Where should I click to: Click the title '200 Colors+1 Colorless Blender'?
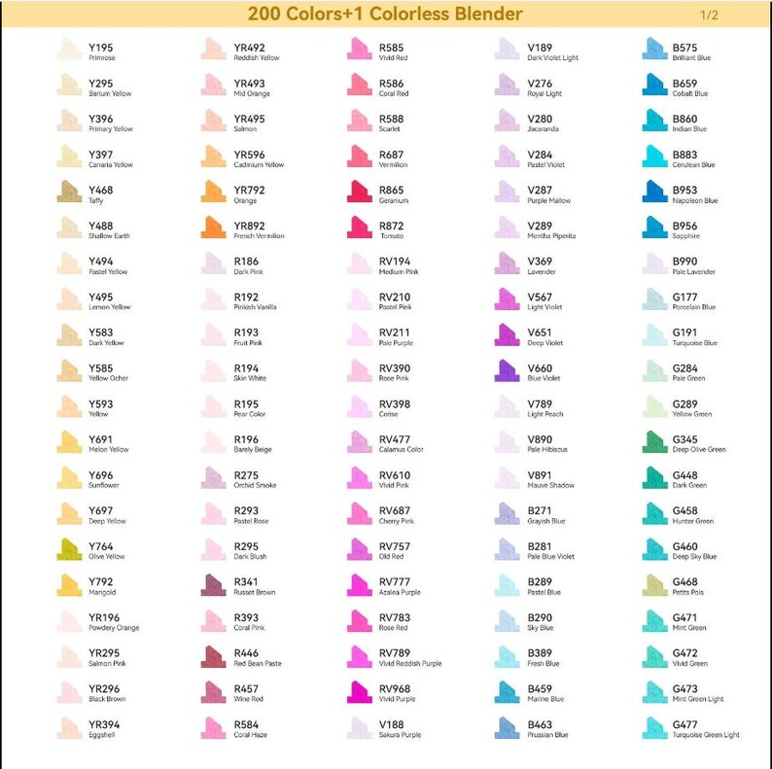tap(384, 14)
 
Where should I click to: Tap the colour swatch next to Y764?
tap(69, 550)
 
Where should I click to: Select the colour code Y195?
tap(100, 47)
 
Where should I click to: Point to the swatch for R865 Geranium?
tap(360, 192)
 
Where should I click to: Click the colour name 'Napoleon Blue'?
tap(694, 200)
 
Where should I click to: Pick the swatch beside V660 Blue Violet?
tap(508, 371)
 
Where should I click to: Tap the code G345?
tap(684, 439)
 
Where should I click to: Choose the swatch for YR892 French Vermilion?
tap(214, 228)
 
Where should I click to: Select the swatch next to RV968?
tap(360, 692)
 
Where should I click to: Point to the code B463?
tap(540, 724)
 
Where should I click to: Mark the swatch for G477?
tap(654, 728)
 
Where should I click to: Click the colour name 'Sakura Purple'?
tap(401, 735)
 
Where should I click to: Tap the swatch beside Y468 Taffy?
tap(69, 192)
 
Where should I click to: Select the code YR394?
tap(104, 724)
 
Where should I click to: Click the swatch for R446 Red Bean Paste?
tap(214, 657)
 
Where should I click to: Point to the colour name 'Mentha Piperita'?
tap(552, 236)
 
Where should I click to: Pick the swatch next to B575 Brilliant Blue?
tap(654, 50)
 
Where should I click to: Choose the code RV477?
tap(395, 439)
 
